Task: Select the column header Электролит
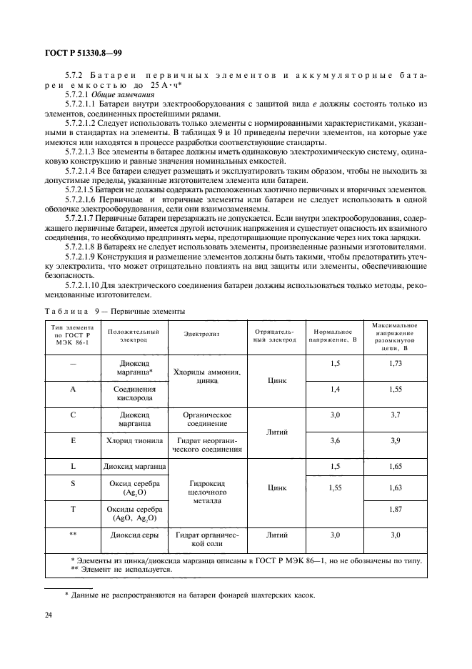[x=206, y=335]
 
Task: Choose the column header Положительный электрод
[x=134, y=336]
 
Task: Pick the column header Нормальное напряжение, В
[x=332, y=336]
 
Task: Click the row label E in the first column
[x=73, y=440]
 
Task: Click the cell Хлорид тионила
[x=134, y=440]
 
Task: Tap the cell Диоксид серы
[x=134, y=535]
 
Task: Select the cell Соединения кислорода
[x=134, y=395]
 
